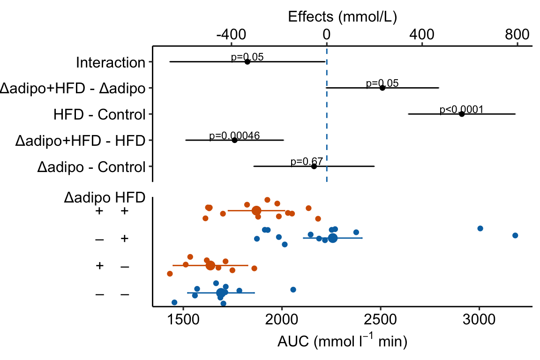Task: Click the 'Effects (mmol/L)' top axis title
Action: tap(343, 17)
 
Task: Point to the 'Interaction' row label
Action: tap(111, 62)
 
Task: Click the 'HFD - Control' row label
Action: tap(100, 114)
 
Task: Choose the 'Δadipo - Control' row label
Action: tap(91, 167)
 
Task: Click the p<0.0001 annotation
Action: tap(461, 110)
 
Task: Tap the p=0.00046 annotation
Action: tap(234, 136)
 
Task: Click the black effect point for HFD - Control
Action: tap(462, 114)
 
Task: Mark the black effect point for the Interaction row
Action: tap(247, 61)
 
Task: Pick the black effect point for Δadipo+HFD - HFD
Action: tap(234, 140)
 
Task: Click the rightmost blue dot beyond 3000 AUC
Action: tap(515, 235)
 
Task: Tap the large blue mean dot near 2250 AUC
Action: tap(332, 238)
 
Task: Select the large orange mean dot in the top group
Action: tap(256, 210)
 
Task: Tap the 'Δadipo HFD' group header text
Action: tap(104, 198)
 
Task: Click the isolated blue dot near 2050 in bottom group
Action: tap(293, 290)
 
